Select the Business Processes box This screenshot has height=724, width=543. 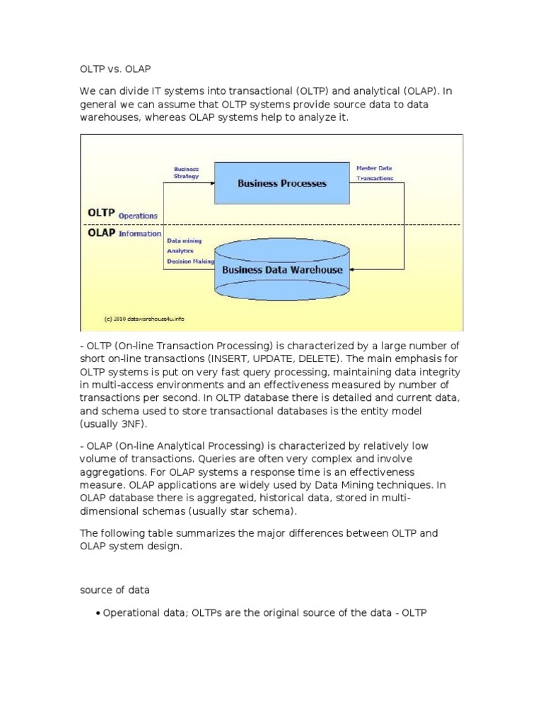[281, 183]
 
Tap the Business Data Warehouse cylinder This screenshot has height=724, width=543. [282, 269]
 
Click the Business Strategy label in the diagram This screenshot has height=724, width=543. [187, 173]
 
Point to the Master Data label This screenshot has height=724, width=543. [374, 168]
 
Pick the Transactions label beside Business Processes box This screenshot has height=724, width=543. [375, 180]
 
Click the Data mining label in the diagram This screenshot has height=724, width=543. [184, 241]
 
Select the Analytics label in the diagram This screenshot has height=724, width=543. [180, 251]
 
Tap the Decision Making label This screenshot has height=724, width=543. [190, 261]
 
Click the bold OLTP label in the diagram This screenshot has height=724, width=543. [101, 213]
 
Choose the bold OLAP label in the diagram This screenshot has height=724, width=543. [101, 233]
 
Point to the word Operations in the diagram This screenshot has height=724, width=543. [138, 216]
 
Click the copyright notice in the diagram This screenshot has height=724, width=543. [139, 319]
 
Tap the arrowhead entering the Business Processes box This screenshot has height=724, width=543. [211, 184]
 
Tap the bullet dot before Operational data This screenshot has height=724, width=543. [97, 614]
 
